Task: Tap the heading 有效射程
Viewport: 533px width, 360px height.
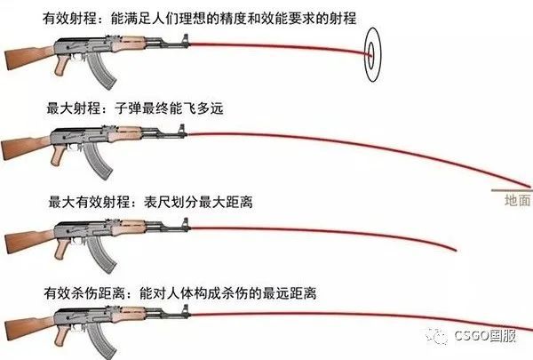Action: click(x=43, y=17)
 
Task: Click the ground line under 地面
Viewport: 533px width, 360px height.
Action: click(x=511, y=190)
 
